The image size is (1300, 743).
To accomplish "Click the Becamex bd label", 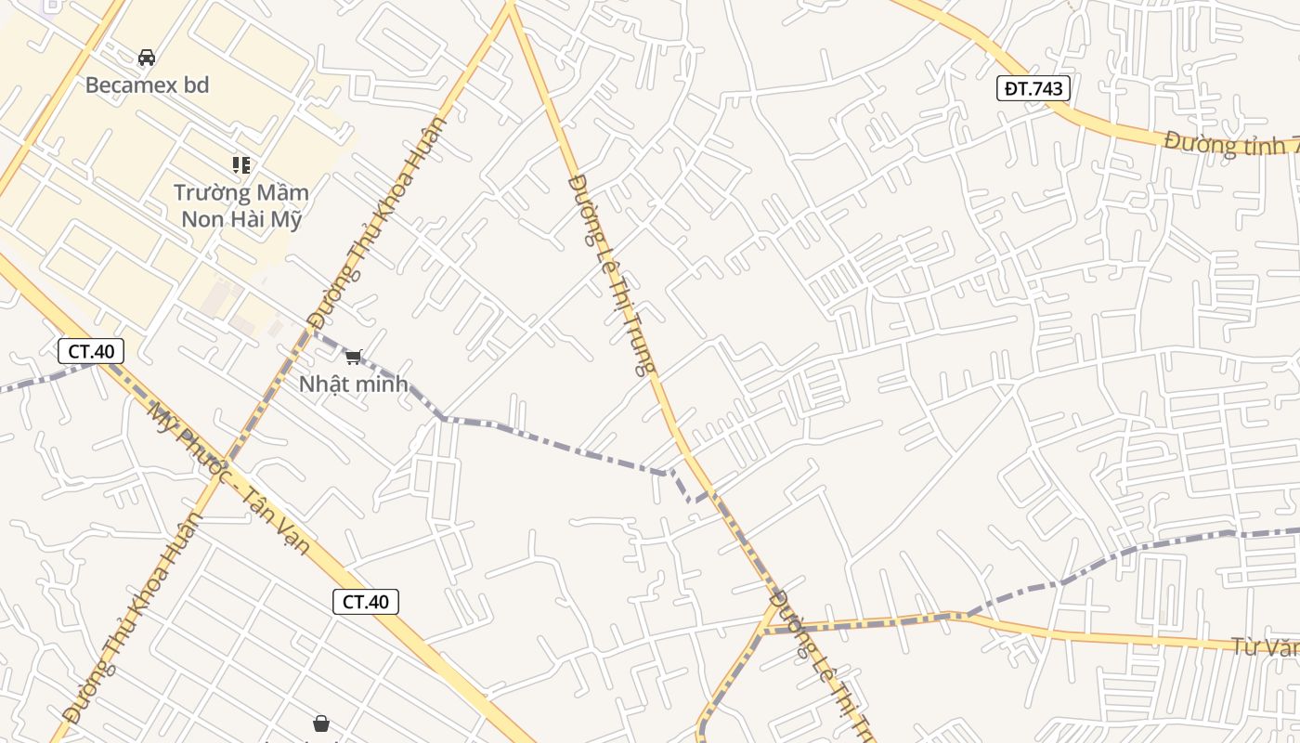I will (147, 85).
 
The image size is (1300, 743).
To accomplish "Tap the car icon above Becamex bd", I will (147, 58).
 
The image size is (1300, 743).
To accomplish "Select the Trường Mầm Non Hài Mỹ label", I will (241, 206).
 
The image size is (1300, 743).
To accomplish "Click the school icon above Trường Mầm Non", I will (241, 165).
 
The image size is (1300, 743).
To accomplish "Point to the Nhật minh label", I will (353, 384).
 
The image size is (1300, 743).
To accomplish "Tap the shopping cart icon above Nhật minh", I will (353, 358).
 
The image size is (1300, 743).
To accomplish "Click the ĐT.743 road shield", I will (1034, 88).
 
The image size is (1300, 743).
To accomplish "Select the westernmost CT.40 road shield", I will (91, 351).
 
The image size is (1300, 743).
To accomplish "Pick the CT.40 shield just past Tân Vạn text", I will (366, 602).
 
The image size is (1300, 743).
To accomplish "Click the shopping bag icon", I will (320, 723).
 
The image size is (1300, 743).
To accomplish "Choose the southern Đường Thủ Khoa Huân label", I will (133, 617).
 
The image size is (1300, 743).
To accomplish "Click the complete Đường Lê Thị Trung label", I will (611, 274).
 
